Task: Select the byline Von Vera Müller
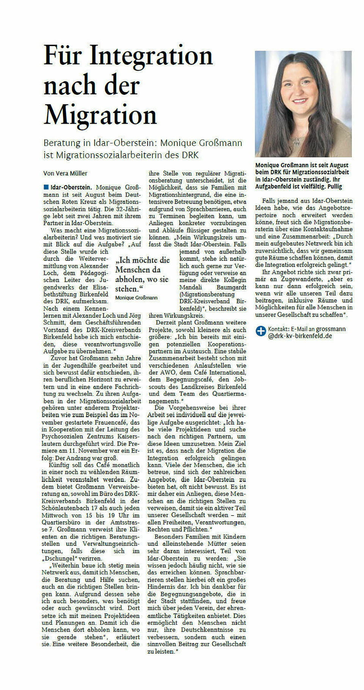point(65,173)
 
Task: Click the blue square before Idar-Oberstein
point(46,187)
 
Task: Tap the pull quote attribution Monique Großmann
point(136,298)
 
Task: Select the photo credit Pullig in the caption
point(335,187)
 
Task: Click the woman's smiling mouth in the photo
point(300,101)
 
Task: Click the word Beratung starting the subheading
point(62,143)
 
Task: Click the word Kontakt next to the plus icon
point(278,329)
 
